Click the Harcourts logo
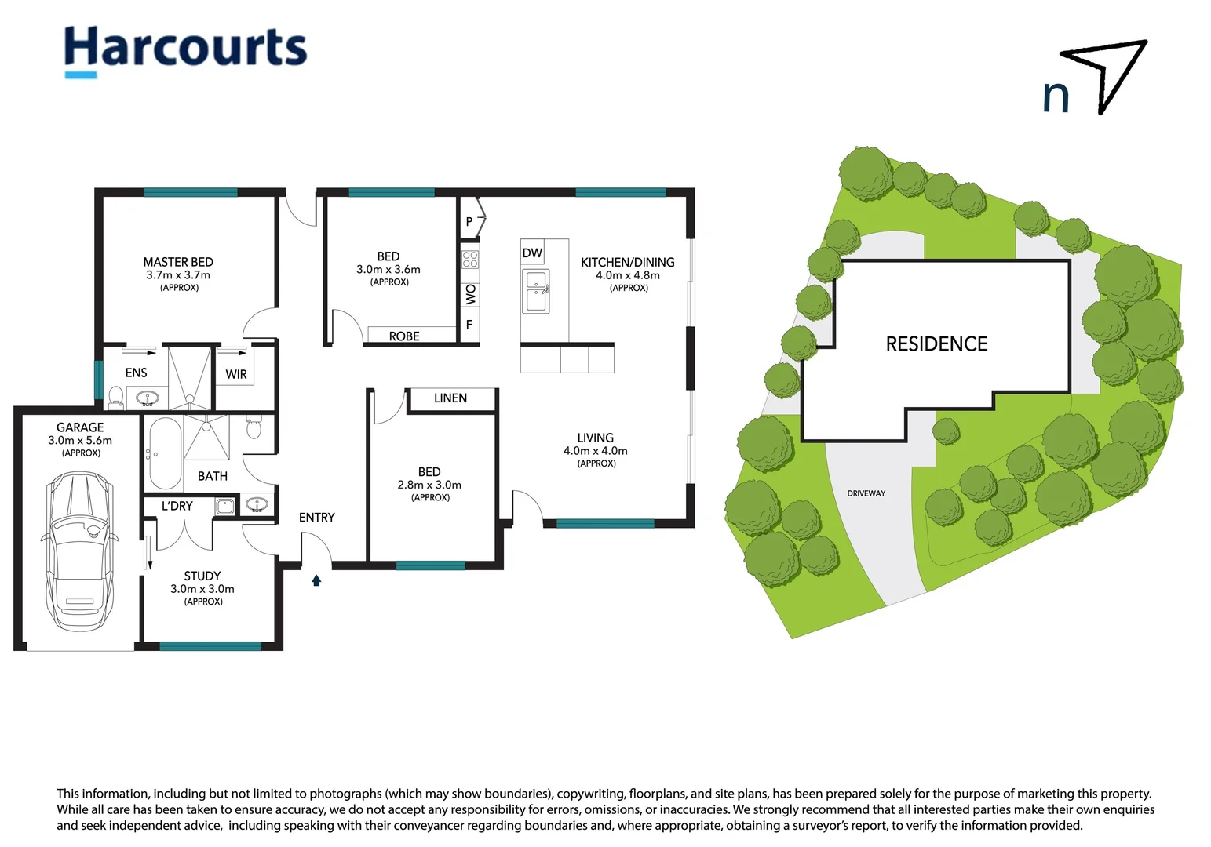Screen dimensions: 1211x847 [x=185, y=52]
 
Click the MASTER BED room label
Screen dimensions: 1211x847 [x=178, y=262]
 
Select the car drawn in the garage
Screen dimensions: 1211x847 [x=79, y=551]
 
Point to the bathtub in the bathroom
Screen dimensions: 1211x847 [x=165, y=453]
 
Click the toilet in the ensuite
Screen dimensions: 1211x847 [x=115, y=398]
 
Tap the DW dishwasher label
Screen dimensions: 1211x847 [x=533, y=253]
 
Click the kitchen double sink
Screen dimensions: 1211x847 [x=536, y=291]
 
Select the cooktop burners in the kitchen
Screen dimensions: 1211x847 [x=470, y=260]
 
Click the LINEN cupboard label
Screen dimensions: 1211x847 [x=450, y=398]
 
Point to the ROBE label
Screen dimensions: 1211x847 [x=404, y=336]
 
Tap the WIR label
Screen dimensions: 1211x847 [x=236, y=374]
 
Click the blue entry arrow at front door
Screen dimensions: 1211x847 [x=316, y=580]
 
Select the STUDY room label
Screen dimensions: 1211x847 [x=202, y=576]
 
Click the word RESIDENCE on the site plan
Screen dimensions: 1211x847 [x=936, y=344]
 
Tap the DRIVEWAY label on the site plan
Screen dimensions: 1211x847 [x=866, y=493]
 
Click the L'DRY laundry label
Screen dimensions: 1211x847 [x=177, y=506]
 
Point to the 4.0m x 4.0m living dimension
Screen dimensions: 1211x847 [x=595, y=450]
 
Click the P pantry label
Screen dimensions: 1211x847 [x=469, y=221]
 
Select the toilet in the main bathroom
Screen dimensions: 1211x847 [x=254, y=427]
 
